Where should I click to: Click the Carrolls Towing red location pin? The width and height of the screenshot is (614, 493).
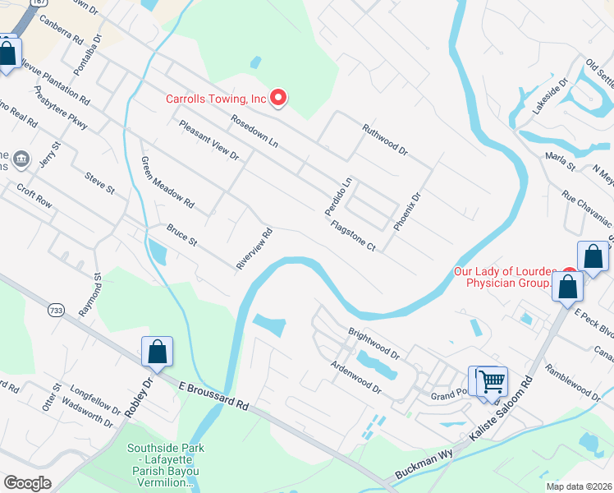(x=278, y=98)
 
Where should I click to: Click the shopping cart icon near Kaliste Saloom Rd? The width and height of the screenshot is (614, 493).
(x=492, y=380)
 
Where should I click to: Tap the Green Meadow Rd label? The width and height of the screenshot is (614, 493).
(x=166, y=182)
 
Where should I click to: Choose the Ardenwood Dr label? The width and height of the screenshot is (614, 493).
(x=356, y=376)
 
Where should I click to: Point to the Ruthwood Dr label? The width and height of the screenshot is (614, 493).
(x=385, y=139)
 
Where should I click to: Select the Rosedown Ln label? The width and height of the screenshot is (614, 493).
(x=255, y=131)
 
